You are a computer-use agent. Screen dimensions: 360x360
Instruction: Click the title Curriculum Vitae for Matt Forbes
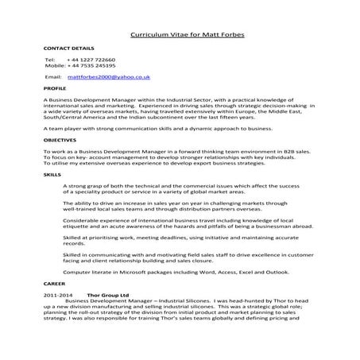pyautogui.click(x=180, y=35)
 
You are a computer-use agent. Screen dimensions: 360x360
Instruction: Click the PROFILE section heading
pyautogui.click(x=55, y=89)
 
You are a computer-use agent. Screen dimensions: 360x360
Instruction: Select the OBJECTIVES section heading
pyautogui.click(x=60, y=139)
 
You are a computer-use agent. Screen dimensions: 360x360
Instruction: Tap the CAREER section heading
pyautogui.click(x=54, y=282)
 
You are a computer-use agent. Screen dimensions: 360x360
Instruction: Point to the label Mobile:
pyautogui.click(x=55, y=66)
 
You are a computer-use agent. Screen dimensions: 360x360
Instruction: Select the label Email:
pyautogui.click(x=53, y=77)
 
